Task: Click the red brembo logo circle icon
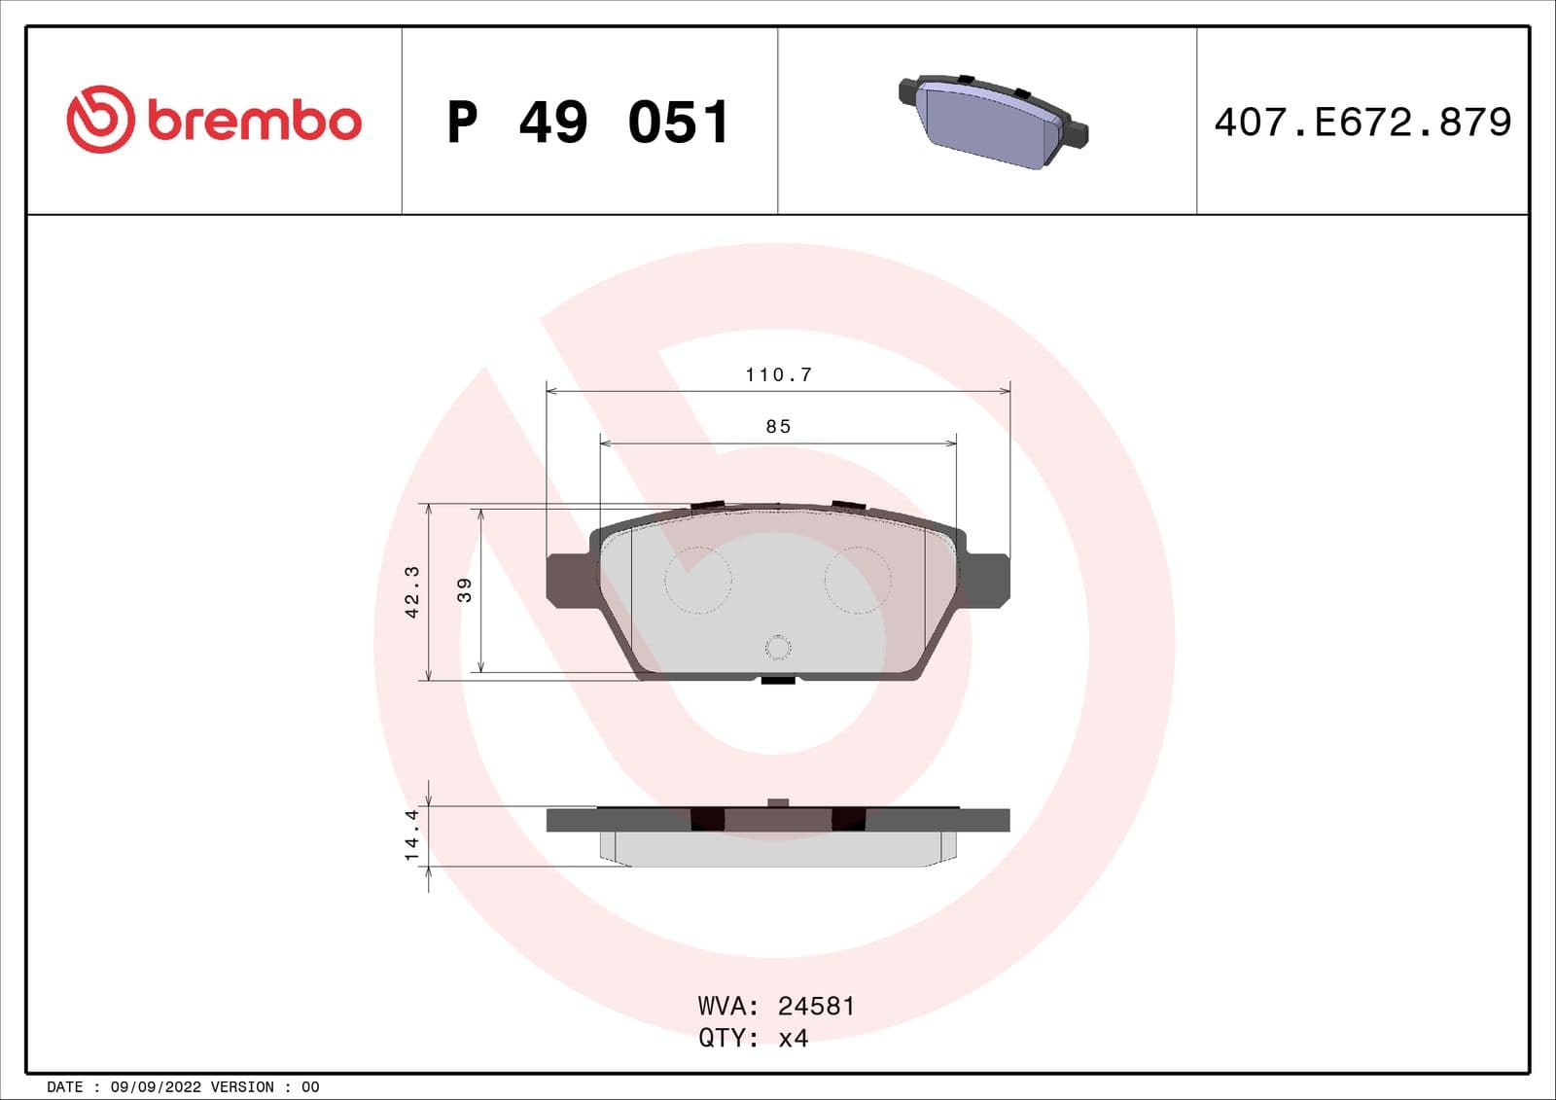[99, 120]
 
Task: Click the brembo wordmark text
[255, 121]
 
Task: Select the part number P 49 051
[587, 123]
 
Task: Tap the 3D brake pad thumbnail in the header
[992, 120]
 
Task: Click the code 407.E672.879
[1362, 123]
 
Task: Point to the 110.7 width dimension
[778, 374]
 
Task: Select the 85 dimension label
[778, 426]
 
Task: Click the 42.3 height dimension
[412, 591]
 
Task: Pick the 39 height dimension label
[465, 589]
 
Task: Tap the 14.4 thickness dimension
[412, 834]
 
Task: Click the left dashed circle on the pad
[697, 580]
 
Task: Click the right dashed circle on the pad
[857, 580]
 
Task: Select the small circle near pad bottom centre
[778, 647]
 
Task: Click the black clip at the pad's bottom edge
[778, 680]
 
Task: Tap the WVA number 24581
[816, 1006]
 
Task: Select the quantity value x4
[794, 1038]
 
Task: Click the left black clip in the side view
[707, 819]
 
